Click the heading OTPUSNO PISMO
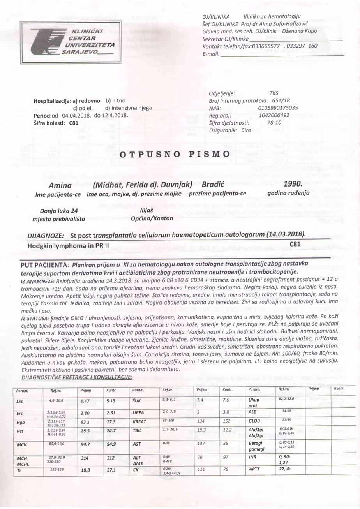[x=175, y=154]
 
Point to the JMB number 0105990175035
[x=278, y=108]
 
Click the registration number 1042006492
[x=274, y=115]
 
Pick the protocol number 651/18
[x=281, y=100]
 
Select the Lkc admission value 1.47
[x=85, y=400]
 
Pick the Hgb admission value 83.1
[x=85, y=421]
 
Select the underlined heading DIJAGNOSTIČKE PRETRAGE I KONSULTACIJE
[x=77, y=377]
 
